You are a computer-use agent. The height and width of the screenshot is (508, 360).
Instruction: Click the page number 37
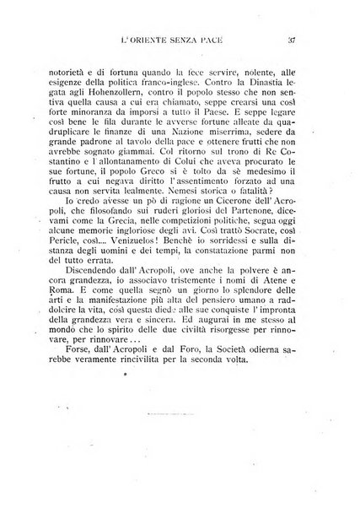pyautogui.click(x=289, y=40)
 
